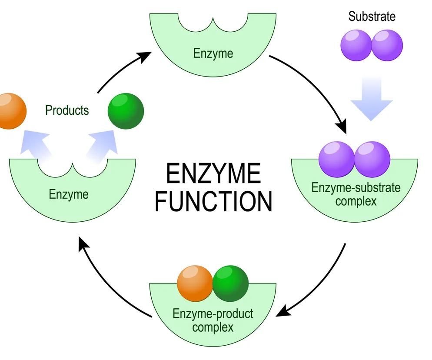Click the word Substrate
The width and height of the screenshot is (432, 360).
click(x=372, y=17)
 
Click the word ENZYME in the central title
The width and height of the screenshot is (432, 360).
click(x=213, y=174)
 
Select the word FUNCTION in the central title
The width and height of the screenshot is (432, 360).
click(x=213, y=201)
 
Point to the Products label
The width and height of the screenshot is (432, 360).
click(x=67, y=110)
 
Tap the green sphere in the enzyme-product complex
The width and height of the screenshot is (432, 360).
click(x=230, y=284)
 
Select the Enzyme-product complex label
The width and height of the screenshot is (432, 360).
click(x=213, y=320)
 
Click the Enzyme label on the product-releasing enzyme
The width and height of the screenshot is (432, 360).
click(x=69, y=194)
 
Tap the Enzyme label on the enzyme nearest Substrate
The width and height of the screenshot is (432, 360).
click(x=213, y=54)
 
